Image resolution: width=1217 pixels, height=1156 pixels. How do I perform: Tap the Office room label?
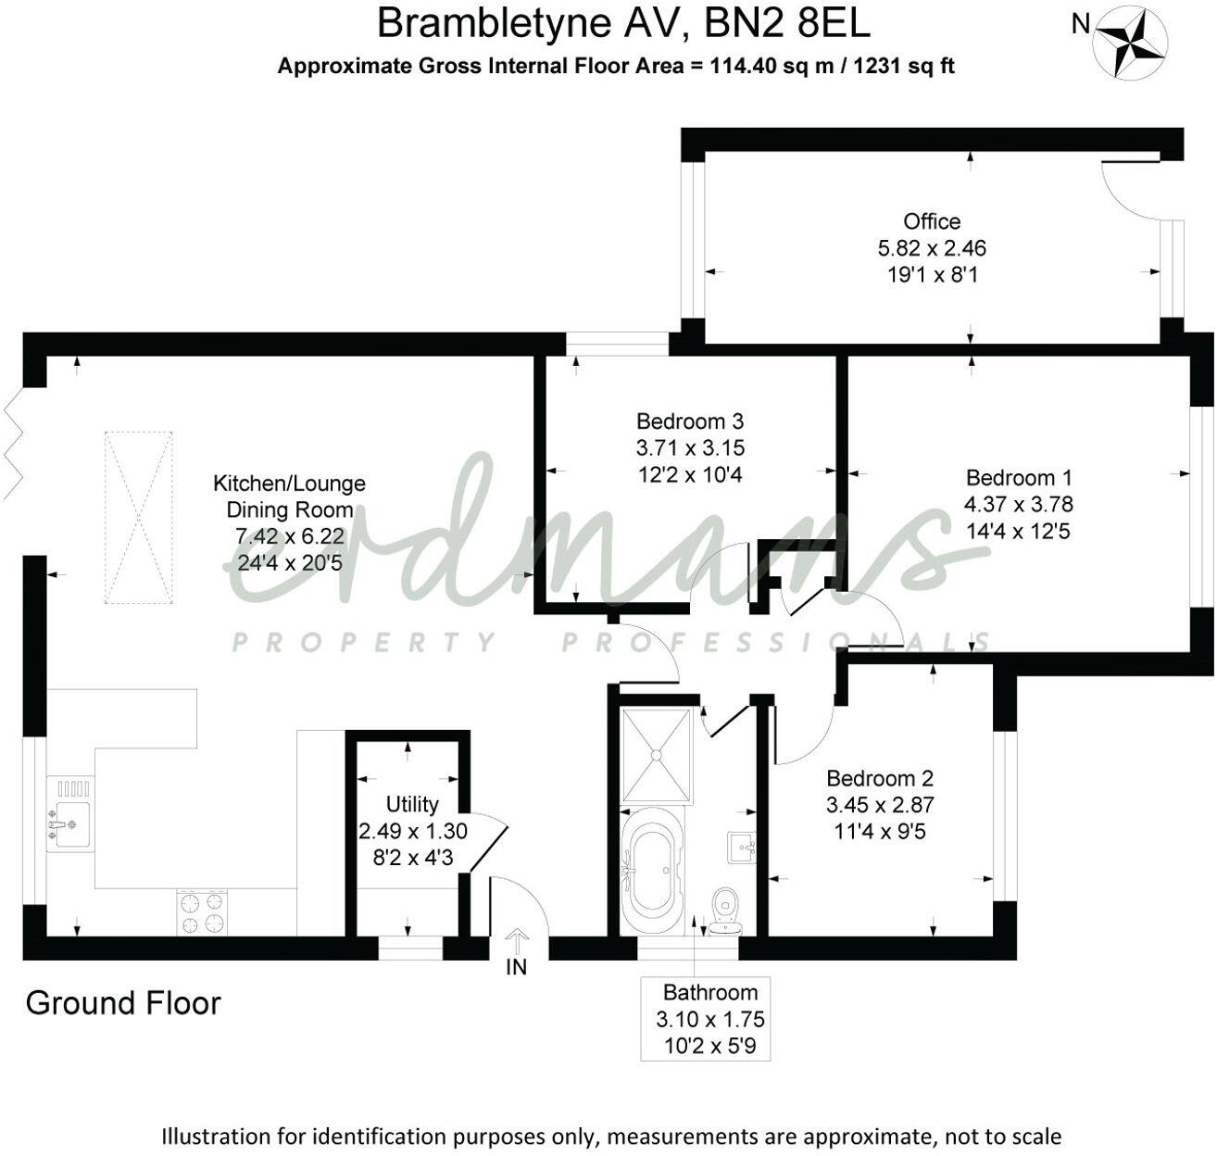(x=932, y=221)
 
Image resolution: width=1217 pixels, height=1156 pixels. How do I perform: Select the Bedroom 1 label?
(x=1018, y=478)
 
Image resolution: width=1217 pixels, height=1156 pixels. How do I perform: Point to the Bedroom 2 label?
(x=880, y=779)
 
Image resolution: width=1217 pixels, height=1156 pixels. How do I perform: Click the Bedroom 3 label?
(x=690, y=421)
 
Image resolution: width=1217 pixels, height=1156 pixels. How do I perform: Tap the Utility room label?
(x=412, y=804)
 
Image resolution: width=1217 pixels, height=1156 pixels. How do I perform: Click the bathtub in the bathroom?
(x=657, y=872)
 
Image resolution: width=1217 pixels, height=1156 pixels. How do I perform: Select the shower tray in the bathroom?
(x=658, y=755)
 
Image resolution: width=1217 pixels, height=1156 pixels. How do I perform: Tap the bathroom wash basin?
(x=743, y=846)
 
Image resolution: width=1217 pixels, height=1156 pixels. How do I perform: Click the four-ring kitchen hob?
(x=202, y=912)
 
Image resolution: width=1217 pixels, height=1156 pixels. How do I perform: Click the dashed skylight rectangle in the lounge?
(x=138, y=518)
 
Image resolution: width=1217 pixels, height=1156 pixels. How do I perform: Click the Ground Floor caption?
(x=123, y=1003)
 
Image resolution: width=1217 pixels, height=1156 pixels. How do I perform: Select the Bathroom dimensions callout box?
(x=710, y=1019)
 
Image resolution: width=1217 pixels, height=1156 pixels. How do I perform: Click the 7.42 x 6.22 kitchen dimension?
(x=290, y=536)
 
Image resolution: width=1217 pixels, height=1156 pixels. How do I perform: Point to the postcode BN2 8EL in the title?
(x=787, y=23)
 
